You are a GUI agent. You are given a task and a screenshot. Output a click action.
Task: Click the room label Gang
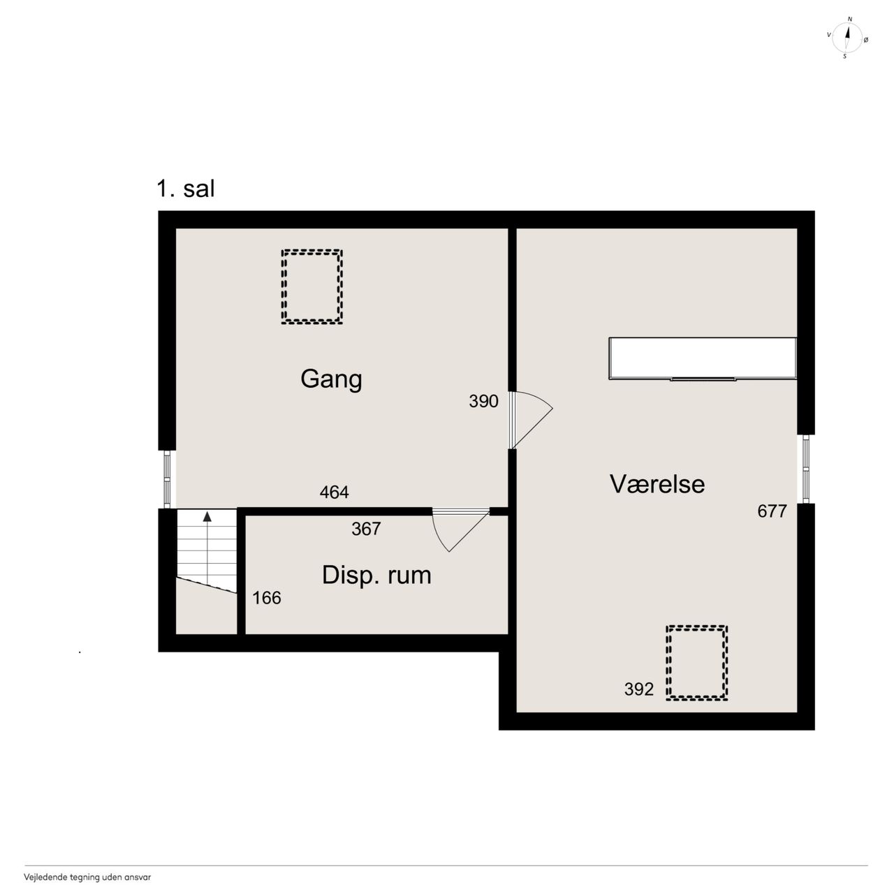point(331,379)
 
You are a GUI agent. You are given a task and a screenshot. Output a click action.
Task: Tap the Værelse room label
point(657,484)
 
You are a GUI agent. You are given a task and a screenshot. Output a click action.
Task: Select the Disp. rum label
point(376,576)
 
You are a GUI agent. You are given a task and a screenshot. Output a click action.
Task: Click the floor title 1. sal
point(186,189)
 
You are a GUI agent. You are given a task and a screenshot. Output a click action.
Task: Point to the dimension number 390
point(483,401)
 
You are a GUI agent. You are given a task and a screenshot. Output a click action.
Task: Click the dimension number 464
point(334,492)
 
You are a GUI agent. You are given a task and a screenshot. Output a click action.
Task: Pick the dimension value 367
point(366,529)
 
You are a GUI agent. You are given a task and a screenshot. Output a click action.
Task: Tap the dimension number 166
point(267,598)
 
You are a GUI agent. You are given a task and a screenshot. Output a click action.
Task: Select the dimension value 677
point(772,511)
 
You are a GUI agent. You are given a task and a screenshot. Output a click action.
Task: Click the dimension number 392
point(639,689)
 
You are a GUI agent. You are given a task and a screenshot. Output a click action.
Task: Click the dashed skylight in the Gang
point(312,251)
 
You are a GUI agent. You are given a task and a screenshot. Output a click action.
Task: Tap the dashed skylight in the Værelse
point(697,627)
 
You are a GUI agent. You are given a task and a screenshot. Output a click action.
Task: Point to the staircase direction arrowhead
point(207,516)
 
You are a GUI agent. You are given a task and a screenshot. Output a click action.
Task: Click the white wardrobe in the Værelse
point(703,358)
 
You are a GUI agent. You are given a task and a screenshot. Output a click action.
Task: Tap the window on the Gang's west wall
point(168,479)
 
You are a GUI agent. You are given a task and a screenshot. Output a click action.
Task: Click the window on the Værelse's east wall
point(806,469)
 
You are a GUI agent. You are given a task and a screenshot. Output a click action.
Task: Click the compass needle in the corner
point(847,38)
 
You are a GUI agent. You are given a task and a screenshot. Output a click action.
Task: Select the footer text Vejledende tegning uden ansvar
point(87,877)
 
